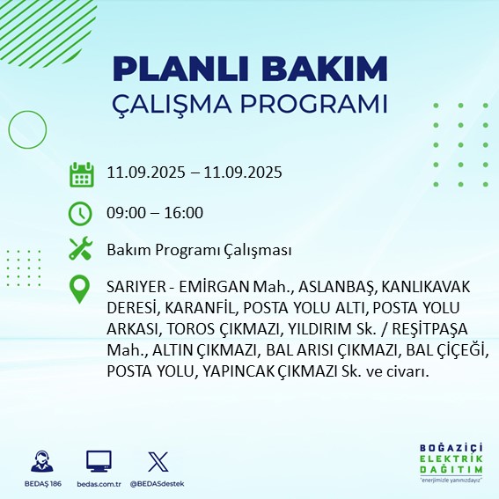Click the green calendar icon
pyautogui.click(x=81, y=173)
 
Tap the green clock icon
pyautogui.click(x=81, y=212)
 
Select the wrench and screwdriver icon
pyautogui.click(x=81, y=250)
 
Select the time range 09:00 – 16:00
pyautogui.click(x=154, y=212)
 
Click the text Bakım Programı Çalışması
pyautogui.click(x=198, y=251)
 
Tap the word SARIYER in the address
pyautogui.click(x=134, y=287)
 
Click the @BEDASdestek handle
pyautogui.click(x=158, y=484)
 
